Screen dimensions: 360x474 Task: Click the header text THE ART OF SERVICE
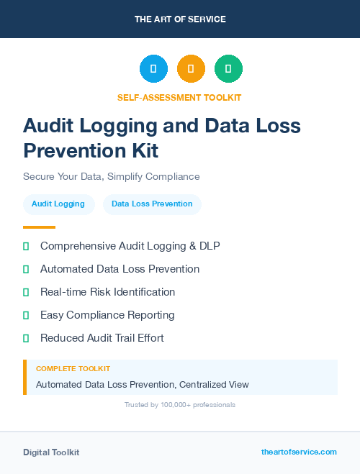pos(180,19)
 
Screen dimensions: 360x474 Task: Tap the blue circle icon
pos(153,69)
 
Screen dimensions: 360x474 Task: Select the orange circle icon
pos(191,69)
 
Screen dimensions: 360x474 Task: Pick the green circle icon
pos(228,69)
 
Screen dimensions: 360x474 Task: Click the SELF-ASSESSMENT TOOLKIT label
pos(179,97)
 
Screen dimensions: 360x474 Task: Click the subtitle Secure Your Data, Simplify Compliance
pos(111,176)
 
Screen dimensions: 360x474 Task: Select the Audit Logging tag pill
pos(58,204)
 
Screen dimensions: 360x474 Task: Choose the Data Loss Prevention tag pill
pos(152,204)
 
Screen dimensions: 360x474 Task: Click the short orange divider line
pos(39,227)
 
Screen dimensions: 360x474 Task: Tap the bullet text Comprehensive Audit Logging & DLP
pos(130,246)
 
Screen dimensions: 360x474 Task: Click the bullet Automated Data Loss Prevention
pos(120,269)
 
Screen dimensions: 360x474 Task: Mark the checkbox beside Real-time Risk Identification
pos(26,292)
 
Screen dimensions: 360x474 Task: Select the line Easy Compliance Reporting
pos(107,315)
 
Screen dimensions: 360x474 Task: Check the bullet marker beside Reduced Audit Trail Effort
pos(26,338)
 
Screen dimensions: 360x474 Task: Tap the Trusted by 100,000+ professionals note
pos(180,405)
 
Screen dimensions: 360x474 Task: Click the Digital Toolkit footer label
pos(51,452)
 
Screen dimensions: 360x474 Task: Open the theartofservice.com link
pos(299,452)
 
